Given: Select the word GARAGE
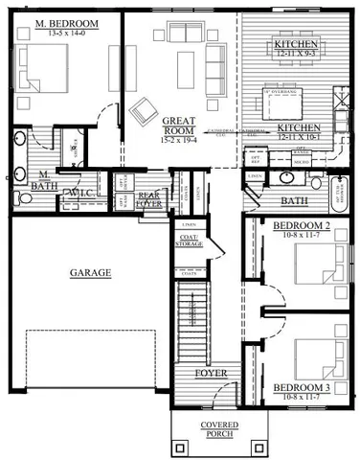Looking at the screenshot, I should pyautogui.click(x=90, y=272).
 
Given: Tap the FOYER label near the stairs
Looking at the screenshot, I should pyautogui.click(x=210, y=373).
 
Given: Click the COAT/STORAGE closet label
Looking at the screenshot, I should pyautogui.click(x=189, y=240).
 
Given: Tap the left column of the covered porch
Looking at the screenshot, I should pyautogui.click(x=180, y=448).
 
